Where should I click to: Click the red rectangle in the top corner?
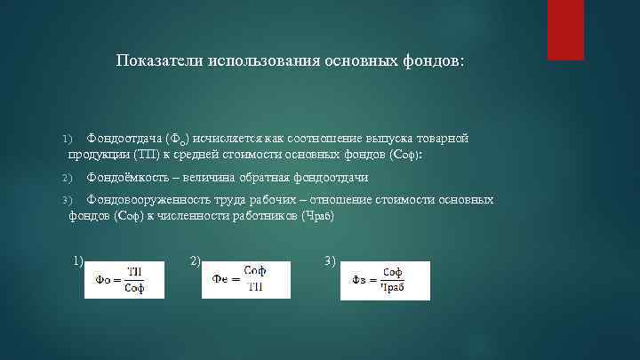565,29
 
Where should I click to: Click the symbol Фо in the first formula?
100,279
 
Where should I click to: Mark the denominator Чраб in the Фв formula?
393,288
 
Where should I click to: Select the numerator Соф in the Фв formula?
393,271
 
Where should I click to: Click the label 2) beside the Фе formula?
196,260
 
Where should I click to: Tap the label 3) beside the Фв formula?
331,260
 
